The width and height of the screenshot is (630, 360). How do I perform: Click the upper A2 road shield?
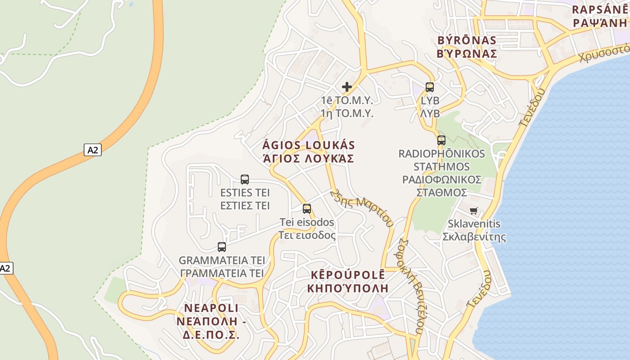pyautogui.click(x=92, y=150)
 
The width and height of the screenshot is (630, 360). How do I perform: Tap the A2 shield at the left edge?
pyautogui.click(x=5, y=268)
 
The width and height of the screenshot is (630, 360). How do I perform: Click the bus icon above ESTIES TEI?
pyautogui.click(x=245, y=180)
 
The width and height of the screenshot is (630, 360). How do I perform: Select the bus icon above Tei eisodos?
pyautogui.click(x=307, y=208)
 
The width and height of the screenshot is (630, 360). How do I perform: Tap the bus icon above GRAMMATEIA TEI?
pyautogui.click(x=222, y=247)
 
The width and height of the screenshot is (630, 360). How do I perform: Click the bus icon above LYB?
pyautogui.click(x=430, y=87)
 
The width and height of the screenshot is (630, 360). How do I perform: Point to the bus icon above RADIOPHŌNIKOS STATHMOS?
pyautogui.click(x=441, y=140)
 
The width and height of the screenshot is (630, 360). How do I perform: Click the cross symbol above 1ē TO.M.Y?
pyautogui.click(x=347, y=86)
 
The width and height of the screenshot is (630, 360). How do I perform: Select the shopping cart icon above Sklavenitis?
pyautogui.click(x=473, y=211)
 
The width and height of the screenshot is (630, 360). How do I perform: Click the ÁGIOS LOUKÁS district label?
pyautogui.click(x=309, y=145)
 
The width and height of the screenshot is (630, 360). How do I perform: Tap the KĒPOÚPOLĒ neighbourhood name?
pyautogui.click(x=348, y=275)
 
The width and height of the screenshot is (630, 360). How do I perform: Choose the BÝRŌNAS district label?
pyautogui.click(x=467, y=40)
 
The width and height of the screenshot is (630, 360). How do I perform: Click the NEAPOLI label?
pyautogui.click(x=211, y=308)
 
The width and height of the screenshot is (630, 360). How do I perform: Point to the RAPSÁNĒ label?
pyautogui.click(x=599, y=10)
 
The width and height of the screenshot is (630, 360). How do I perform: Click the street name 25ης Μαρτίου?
pyautogui.click(x=362, y=207)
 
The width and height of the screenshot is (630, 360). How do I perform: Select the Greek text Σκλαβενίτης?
pyautogui.click(x=474, y=237)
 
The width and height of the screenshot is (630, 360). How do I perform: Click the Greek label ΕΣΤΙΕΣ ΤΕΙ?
pyautogui.click(x=245, y=206)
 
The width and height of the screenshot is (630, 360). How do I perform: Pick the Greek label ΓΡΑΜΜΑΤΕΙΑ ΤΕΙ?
pyautogui.click(x=222, y=273)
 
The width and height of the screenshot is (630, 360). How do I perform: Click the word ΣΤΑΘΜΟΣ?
pyautogui.click(x=441, y=192)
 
